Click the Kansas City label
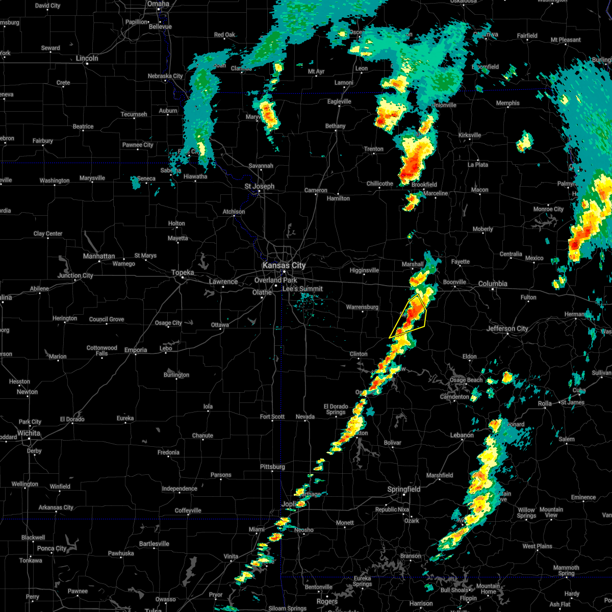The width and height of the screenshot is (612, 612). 284,266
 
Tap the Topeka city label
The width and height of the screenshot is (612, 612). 182,273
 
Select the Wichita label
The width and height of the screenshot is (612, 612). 29,433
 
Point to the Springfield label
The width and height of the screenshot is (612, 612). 404,490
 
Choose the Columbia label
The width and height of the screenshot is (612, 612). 493,284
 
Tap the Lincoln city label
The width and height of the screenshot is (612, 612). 87,59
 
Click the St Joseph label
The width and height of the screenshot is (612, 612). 259,187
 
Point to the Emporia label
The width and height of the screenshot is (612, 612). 135,350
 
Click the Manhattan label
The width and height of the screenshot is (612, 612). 99,257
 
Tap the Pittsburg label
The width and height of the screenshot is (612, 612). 272,467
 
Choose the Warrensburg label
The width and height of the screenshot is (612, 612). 362,308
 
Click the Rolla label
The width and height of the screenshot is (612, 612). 545,403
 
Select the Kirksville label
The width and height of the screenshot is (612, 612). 470,135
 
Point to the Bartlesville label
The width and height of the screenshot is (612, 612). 154,544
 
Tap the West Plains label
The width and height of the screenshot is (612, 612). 537,546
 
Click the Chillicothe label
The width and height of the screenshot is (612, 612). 379,184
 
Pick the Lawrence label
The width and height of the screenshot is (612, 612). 223,282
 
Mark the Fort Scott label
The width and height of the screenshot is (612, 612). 272,417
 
